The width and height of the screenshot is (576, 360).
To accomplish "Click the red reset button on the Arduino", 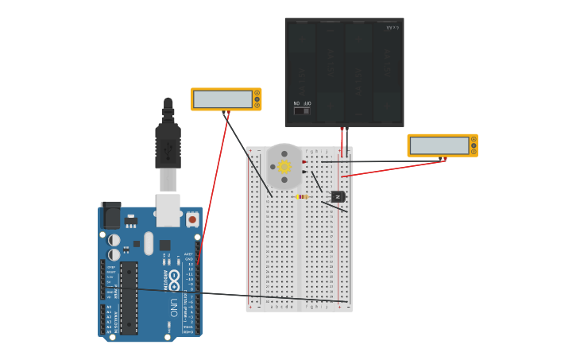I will pos(191,219).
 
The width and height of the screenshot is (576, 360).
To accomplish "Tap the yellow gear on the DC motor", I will pos(284,167).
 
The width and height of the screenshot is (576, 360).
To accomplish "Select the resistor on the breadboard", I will pos(302,196).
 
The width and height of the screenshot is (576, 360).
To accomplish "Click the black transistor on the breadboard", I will pos(338,195).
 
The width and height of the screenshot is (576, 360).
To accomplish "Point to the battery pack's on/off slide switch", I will pos(302,111).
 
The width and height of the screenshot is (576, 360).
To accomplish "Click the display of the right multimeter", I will pos(439,145).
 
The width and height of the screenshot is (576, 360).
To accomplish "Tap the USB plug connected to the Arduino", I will pos(168,147).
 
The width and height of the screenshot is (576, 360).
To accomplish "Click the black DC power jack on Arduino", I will pos(110,215).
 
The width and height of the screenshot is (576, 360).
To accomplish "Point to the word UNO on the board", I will pos(174,305).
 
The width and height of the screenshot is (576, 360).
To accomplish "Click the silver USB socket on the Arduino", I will pos(168,210).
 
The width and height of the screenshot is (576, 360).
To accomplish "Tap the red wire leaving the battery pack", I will pos(342,143).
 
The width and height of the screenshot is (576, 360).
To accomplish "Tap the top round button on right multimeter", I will pos(474,139).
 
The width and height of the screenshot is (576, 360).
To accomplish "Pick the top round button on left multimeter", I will pos(257,93).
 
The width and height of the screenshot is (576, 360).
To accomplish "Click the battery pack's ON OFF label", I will pos(302,103).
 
